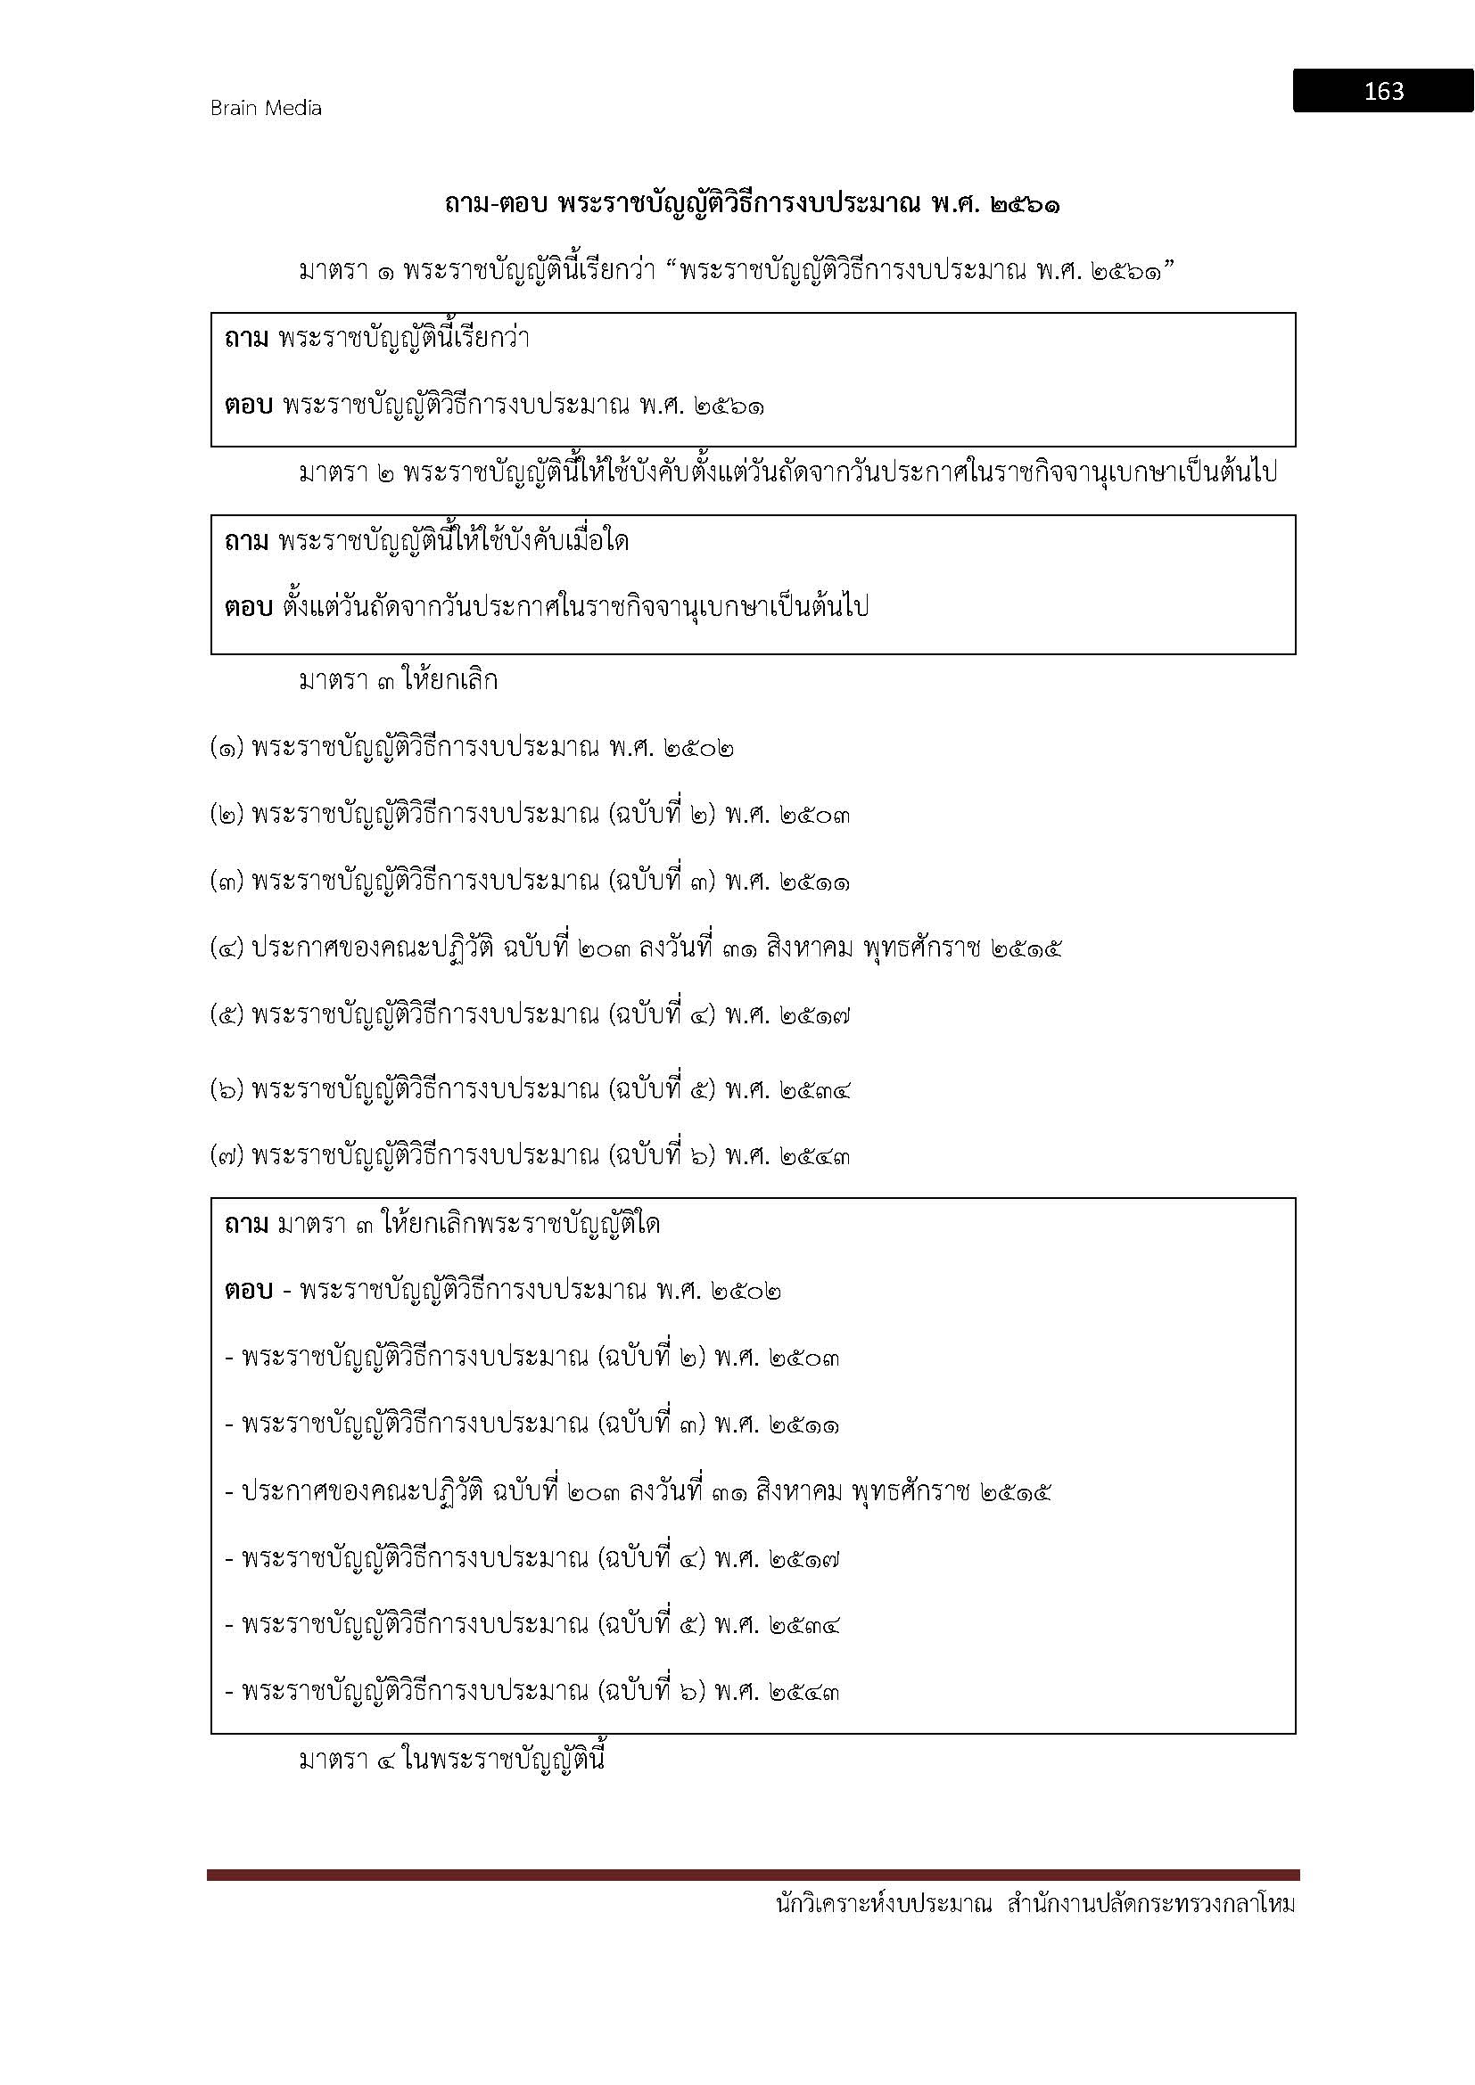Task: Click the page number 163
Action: [x=1383, y=91]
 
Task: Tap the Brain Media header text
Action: [x=266, y=108]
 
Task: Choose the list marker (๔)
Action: [x=227, y=950]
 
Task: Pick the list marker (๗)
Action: [x=227, y=1156]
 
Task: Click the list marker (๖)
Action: [x=227, y=1088]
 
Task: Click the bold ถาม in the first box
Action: [x=246, y=340]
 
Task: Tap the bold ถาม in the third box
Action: [x=246, y=1225]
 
